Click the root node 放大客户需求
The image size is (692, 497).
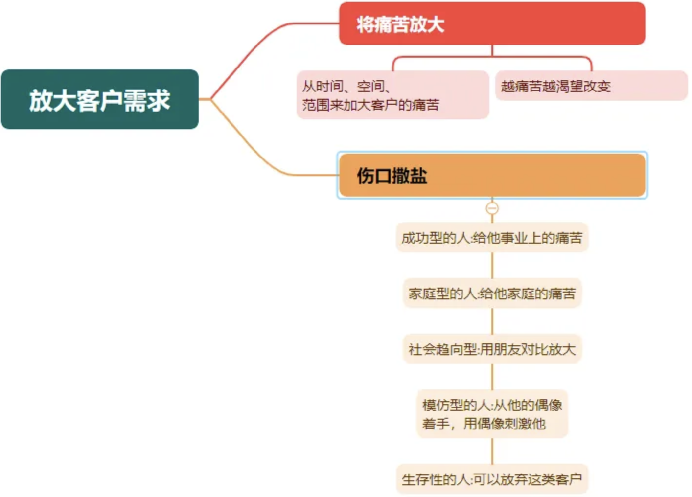[x=100, y=99]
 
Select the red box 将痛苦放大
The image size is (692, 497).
[x=492, y=23]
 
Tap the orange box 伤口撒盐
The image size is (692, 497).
[x=492, y=175]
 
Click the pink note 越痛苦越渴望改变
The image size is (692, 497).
[x=592, y=86]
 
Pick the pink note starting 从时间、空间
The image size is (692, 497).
[x=392, y=95]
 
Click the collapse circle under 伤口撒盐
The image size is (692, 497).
[x=492, y=208]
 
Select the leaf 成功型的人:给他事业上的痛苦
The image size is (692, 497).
[x=492, y=237]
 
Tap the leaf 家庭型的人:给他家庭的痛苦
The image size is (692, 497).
[x=492, y=293]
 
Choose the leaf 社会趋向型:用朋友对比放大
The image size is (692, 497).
[x=492, y=349]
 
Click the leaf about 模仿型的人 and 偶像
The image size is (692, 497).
[x=492, y=414]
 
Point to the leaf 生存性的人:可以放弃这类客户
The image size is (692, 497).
[x=492, y=479]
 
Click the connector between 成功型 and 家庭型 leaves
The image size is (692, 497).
[x=492, y=265]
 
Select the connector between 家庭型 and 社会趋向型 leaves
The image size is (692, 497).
[x=492, y=321]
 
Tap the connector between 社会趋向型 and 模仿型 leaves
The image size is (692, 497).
[x=492, y=377]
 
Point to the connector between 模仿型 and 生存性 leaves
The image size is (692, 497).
[x=492, y=451]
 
